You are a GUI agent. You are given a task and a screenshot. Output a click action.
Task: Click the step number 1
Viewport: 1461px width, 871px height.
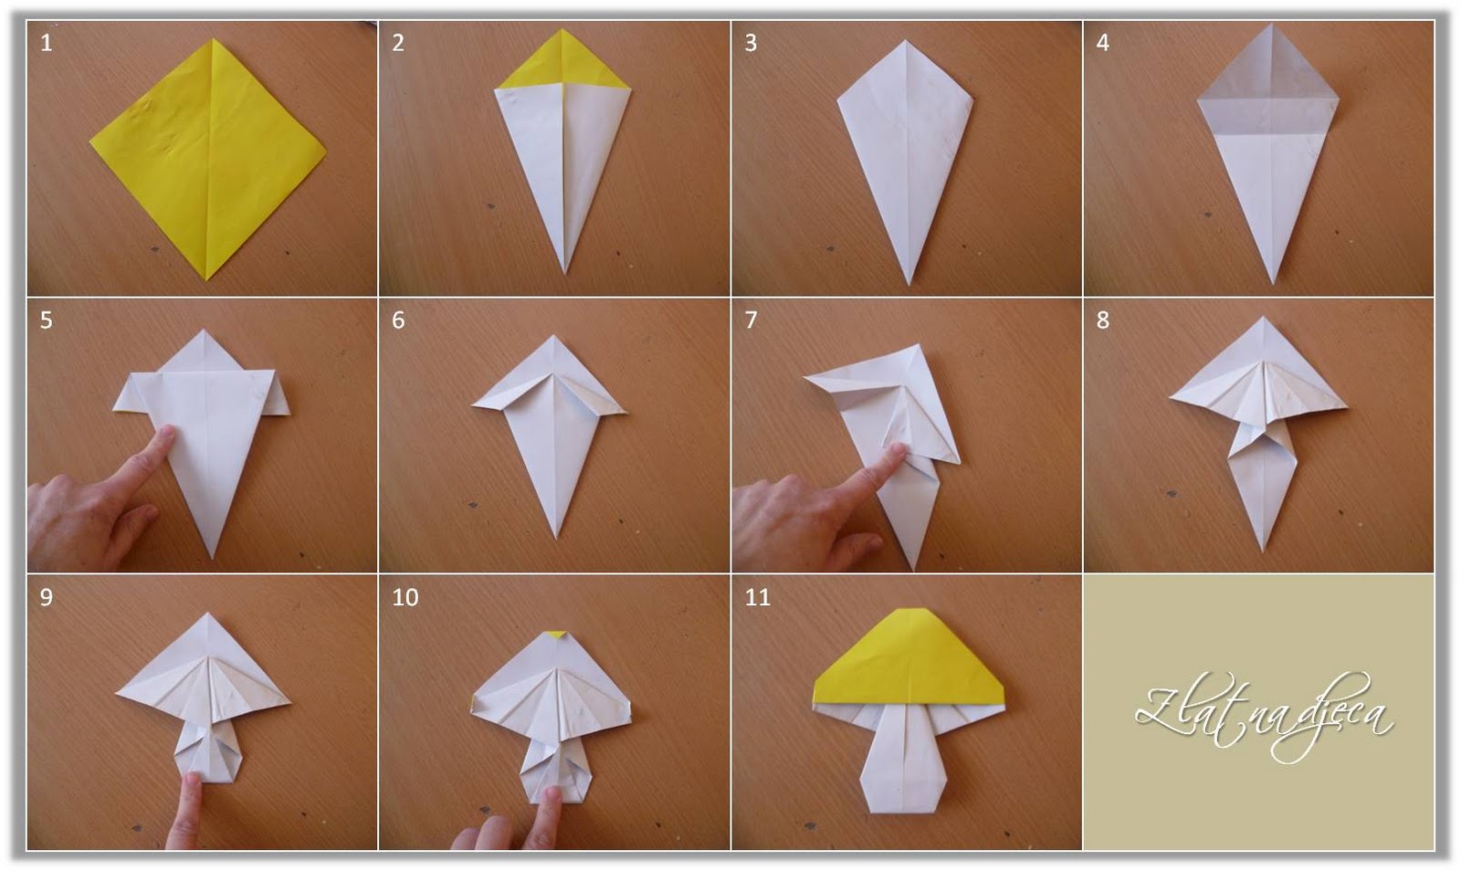pos(47,43)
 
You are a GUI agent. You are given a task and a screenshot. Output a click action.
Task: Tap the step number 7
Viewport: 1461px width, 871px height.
pos(751,320)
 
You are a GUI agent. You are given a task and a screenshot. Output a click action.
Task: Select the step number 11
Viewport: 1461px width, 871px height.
pos(757,597)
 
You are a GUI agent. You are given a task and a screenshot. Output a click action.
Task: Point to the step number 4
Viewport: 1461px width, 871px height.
pos(1102,43)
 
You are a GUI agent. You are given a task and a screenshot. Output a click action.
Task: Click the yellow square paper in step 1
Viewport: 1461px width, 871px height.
pos(208,155)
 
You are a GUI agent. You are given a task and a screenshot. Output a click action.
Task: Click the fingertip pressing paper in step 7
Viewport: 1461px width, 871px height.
pos(898,452)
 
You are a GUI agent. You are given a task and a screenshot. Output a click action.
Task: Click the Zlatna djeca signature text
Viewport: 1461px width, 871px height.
pos(1264,716)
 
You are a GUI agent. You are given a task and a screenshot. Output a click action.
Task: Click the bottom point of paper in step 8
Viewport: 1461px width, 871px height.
pos(1264,548)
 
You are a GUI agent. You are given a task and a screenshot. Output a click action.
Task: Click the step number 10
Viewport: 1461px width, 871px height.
pos(405,597)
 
